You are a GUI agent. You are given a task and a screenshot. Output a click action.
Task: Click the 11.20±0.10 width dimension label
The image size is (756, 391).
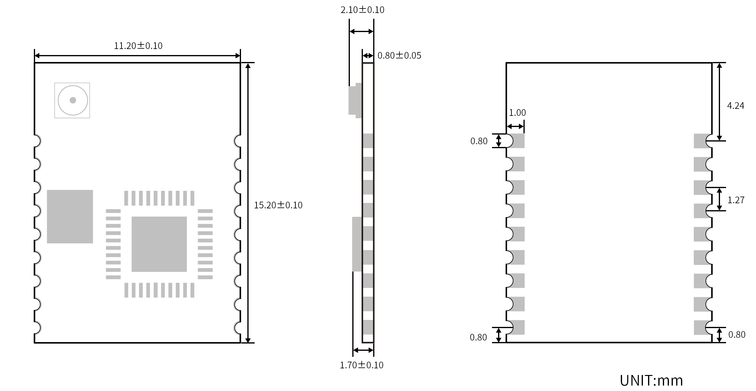pos(138,46)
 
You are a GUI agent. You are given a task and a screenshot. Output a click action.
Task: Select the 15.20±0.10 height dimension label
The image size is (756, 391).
pos(278,205)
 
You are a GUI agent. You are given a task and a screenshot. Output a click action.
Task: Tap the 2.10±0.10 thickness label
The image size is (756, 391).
pos(362,10)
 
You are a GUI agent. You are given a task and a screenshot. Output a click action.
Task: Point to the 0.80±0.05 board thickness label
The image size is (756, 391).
pos(399,55)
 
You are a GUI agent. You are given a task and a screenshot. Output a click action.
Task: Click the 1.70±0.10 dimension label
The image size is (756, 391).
pos(361,365)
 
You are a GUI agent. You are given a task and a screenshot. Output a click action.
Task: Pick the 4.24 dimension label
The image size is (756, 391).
pos(735,106)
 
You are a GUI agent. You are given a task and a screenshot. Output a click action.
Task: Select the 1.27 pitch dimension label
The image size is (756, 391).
pos(736,200)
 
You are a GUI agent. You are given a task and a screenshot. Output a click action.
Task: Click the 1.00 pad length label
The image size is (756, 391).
pos(517,113)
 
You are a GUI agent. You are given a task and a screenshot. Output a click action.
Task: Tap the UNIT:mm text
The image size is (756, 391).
pos(651,380)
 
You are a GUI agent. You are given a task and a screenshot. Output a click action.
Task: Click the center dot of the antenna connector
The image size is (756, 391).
pos(73,100)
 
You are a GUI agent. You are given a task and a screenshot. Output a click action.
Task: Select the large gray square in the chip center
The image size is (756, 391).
pos(159,244)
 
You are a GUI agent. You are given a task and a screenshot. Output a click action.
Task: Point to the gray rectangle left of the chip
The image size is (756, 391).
pos(70,217)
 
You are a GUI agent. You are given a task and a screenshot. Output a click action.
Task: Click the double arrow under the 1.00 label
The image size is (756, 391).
pos(515,126)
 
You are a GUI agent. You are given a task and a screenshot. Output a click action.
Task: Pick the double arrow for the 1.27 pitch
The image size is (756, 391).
pos(719,199)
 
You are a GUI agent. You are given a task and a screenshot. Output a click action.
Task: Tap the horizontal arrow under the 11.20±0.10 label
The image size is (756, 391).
pos(137,56)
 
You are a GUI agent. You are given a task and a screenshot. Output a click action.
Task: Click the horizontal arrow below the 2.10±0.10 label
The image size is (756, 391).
pos(361,31)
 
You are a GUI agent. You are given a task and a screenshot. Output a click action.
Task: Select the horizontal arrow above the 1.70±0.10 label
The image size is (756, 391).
pos(363,350)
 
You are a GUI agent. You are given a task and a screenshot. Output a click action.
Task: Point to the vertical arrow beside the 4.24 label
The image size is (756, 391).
pos(719,102)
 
